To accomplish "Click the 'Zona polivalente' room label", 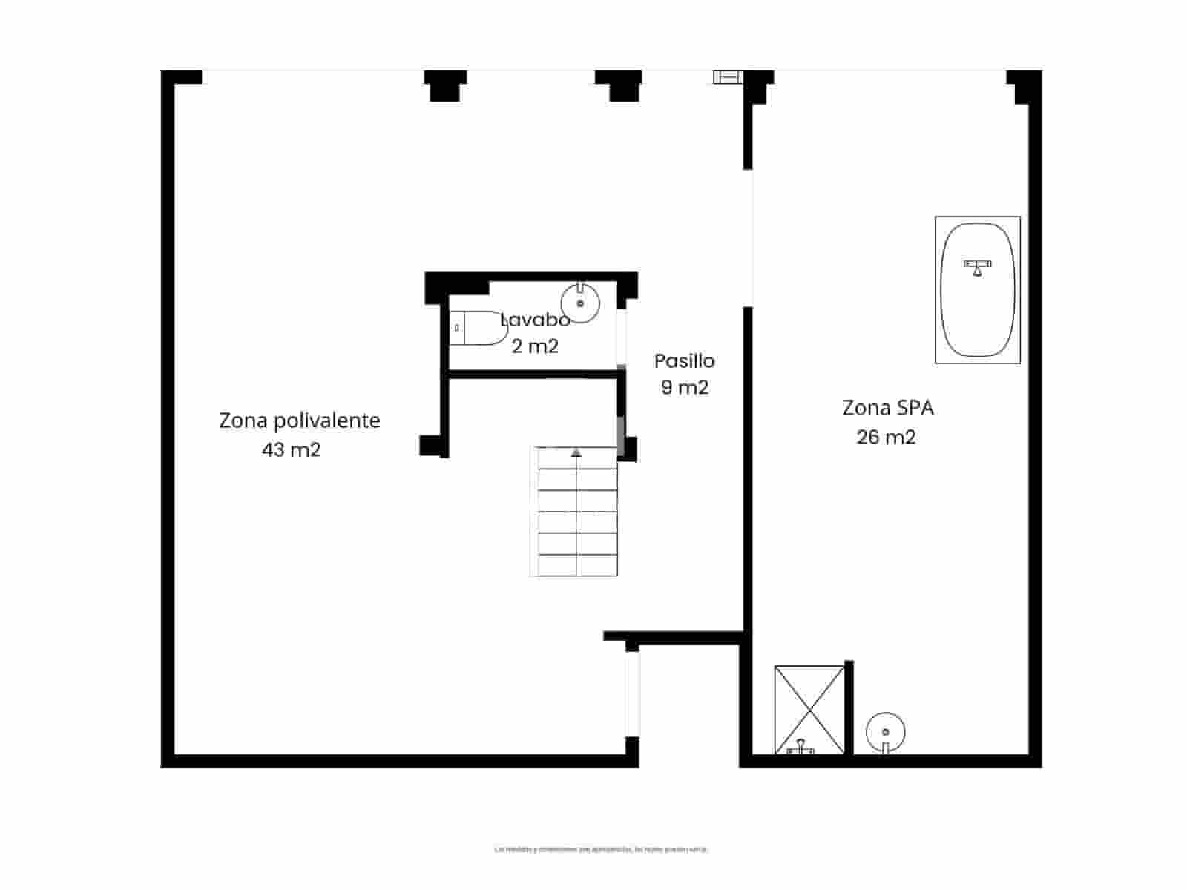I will pos(299,421).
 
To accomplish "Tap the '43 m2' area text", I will pos(291,449).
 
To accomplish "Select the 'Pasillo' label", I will pos(684,361).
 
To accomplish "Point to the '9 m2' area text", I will pos(685,387).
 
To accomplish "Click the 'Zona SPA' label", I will pos(887,408).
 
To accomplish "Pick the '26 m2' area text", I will pos(886,437).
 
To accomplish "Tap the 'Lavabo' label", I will pos(535,320).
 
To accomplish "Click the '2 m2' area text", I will pos(535,346).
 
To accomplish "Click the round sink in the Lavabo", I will pos(580,303).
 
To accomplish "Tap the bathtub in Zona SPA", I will pos(978,289).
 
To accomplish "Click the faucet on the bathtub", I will pos(978,266).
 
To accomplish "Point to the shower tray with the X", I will pos(809,708).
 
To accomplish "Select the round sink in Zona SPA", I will pos(886,733).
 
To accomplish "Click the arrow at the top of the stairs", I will pos(576,452).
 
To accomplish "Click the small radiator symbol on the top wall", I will pos(727,76).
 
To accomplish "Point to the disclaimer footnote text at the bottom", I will pos(601,849).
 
